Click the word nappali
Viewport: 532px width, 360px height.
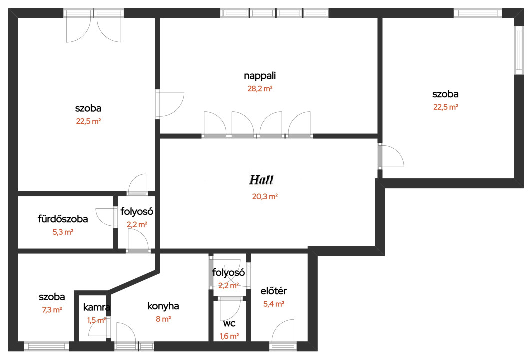(x=260, y=76)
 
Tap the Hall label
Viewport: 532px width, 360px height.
(x=261, y=180)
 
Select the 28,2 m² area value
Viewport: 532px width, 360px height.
(x=260, y=89)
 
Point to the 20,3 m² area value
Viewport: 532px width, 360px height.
(x=265, y=196)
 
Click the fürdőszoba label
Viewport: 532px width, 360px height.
(x=63, y=219)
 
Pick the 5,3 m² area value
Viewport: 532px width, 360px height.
(x=63, y=232)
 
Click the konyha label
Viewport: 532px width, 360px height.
(x=163, y=306)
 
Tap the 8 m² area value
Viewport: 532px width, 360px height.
(x=163, y=319)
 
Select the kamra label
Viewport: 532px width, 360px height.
(x=97, y=307)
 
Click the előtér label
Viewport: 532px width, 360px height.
(x=273, y=291)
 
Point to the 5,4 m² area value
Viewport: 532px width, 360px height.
(x=274, y=304)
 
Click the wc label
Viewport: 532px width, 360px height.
(x=229, y=323)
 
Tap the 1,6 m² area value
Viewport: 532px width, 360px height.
(x=229, y=336)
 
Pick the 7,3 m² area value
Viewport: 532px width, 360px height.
(x=52, y=309)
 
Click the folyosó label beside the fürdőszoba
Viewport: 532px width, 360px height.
(x=137, y=212)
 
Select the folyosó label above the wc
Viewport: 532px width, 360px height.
(x=229, y=272)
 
